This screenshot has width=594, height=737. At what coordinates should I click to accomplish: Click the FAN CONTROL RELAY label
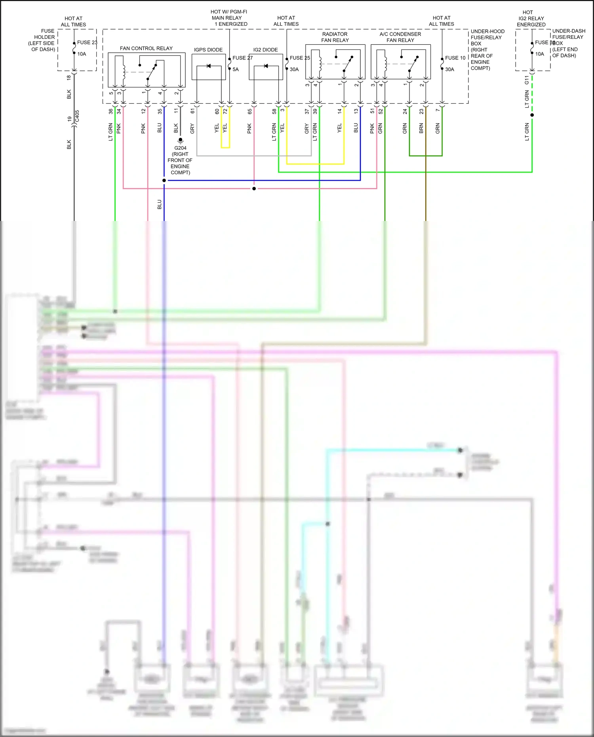[x=146, y=48]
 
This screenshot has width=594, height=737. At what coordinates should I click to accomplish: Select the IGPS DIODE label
[x=208, y=50]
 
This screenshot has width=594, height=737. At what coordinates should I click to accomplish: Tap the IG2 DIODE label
[x=265, y=50]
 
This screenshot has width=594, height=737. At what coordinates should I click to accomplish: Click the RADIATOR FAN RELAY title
[x=335, y=37]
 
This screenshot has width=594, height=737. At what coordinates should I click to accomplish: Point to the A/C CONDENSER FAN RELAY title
[x=400, y=37]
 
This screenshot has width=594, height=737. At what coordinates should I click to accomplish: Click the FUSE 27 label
[x=242, y=58]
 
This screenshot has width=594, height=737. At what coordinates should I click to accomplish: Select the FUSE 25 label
[x=300, y=58]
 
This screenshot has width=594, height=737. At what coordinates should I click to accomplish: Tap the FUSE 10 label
[x=455, y=58]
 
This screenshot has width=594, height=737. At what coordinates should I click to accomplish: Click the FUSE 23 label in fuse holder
[x=87, y=42]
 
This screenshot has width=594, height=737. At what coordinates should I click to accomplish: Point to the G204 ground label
[x=180, y=148]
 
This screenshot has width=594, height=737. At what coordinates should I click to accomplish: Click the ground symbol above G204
[x=180, y=140]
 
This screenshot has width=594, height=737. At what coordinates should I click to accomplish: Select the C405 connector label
[x=77, y=116]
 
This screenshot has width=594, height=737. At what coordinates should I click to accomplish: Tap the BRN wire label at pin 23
[x=421, y=128]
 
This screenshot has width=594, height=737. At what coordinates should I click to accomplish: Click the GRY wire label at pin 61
[x=192, y=128]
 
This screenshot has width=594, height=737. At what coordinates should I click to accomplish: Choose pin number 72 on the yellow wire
[x=225, y=112]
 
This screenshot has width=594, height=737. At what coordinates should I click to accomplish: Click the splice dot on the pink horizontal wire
[x=254, y=189]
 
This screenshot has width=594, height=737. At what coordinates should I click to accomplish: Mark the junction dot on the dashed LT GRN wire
[x=532, y=115]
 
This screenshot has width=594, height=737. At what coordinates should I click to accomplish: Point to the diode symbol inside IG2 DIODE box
[x=266, y=66]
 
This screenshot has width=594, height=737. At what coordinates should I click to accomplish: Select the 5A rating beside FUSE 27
[x=236, y=69]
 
